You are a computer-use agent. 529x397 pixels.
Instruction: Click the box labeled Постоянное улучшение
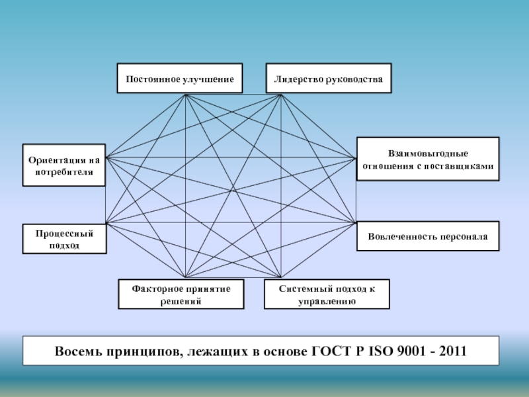(x=179, y=79)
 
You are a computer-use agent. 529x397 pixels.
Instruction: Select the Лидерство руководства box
(x=328, y=79)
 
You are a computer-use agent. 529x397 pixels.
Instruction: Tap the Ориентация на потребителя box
(x=63, y=165)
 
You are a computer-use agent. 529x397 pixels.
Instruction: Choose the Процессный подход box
(x=63, y=240)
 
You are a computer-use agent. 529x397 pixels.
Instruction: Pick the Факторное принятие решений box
(x=181, y=294)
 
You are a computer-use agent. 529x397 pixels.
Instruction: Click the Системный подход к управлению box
(x=327, y=294)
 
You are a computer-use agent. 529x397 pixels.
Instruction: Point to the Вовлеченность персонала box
(x=428, y=236)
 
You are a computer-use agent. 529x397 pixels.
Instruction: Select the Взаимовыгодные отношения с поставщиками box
(x=428, y=159)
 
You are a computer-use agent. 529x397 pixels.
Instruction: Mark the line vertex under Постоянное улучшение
(x=186, y=95)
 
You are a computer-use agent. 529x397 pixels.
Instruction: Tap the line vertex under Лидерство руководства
(x=281, y=95)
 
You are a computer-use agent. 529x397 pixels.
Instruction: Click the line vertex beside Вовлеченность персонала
(x=355, y=222)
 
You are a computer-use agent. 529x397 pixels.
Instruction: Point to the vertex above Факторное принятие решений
(x=186, y=277)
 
